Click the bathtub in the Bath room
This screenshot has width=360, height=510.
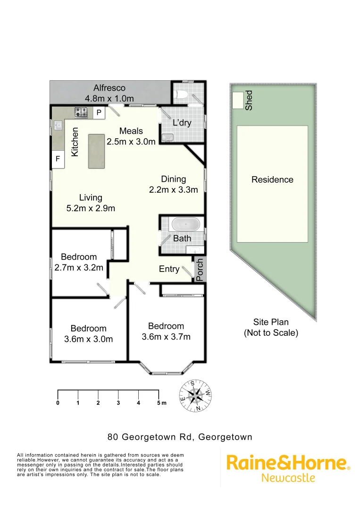click(185, 224)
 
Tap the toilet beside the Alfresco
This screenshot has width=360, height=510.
click(182, 96)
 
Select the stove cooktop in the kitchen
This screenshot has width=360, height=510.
click(81, 112)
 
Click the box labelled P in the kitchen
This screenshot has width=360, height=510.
click(99, 112)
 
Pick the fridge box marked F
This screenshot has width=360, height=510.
click(58, 159)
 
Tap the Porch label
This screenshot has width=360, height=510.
click(200, 270)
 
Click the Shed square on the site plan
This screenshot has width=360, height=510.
click(238, 100)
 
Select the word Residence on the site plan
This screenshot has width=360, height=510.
click(272, 179)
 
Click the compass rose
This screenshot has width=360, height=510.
click(195, 395)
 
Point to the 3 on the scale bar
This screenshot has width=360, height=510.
click(118, 403)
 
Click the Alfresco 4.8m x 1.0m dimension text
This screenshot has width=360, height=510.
click(109, 99)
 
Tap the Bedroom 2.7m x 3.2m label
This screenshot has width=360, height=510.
click(79, 262)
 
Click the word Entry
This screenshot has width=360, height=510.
click(169, 269)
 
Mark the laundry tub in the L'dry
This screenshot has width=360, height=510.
click(167, 137)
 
